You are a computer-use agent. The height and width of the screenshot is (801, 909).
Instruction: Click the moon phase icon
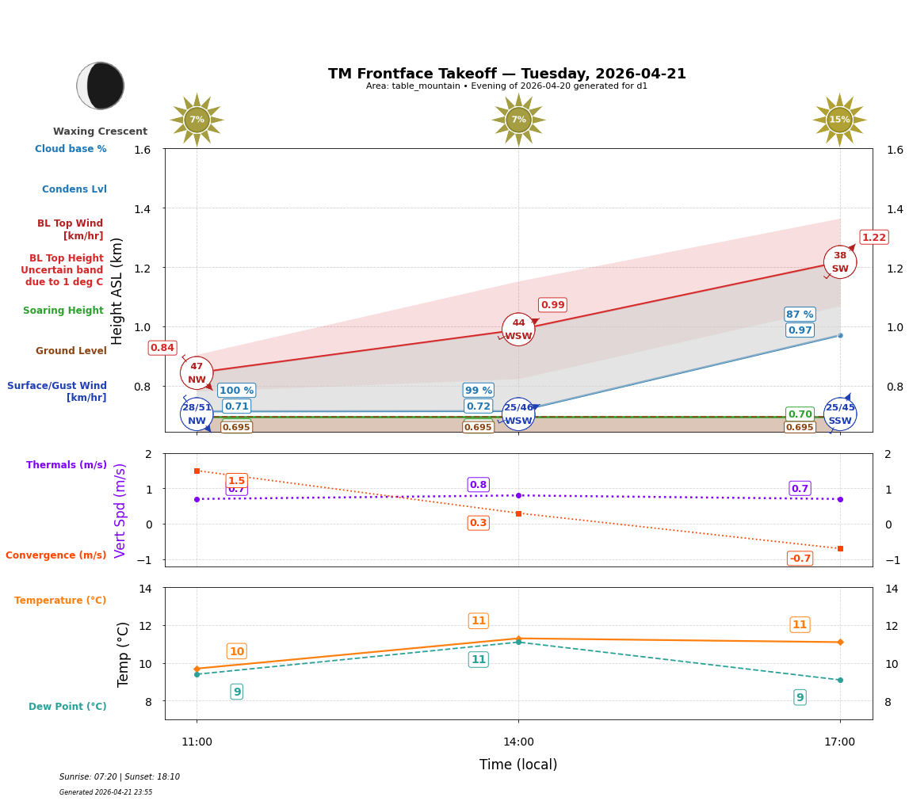[101, 86]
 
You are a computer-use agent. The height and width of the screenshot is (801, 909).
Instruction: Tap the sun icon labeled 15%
[839, 120]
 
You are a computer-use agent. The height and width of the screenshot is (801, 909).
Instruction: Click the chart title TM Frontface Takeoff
[507, 74]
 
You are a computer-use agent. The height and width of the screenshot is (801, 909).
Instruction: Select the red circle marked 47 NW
[197, 373]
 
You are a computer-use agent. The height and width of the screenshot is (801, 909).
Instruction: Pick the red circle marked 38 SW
[840, 262]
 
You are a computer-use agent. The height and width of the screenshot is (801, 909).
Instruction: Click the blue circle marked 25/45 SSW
[840, 414]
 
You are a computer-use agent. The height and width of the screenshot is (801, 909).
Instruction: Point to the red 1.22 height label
[874, 238]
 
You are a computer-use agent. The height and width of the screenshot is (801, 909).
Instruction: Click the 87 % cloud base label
[800, 315]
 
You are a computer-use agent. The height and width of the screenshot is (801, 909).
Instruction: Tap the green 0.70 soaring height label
[800, 414]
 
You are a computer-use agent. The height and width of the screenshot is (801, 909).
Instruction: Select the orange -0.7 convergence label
[800, 559]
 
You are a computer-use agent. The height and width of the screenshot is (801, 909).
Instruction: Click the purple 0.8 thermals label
[478, 485]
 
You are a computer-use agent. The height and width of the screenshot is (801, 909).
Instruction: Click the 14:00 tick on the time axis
[518, 742]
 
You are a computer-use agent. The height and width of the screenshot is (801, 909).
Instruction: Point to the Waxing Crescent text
[100, 132]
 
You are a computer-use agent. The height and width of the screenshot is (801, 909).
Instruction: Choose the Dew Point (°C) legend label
[67, 707]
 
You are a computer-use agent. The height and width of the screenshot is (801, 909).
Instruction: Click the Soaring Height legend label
[63, 311]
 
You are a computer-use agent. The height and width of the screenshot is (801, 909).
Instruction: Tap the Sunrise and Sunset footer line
[120, 777]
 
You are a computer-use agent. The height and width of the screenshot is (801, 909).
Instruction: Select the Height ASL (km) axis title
[117, 291]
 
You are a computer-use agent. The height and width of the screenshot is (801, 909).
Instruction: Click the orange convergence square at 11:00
[197, 471]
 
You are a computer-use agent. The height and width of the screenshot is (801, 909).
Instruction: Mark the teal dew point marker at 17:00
[840, 680]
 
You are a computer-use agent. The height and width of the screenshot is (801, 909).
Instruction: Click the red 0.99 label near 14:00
[552, 305]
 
